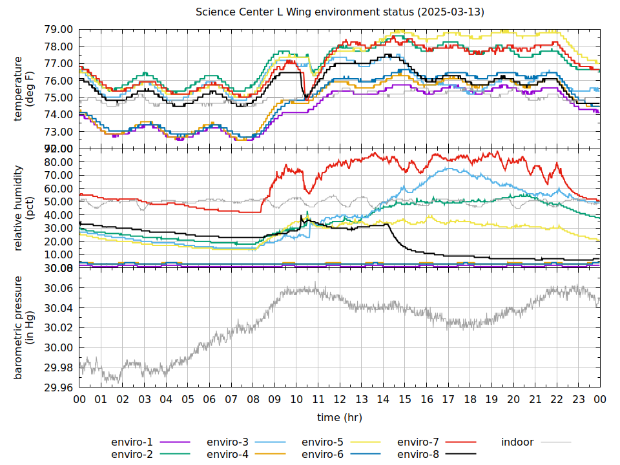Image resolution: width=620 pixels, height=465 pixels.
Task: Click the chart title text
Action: (x=340, y=12)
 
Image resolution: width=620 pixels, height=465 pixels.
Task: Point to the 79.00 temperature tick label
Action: (x=58, y=30)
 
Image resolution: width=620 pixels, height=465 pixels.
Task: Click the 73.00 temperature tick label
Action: (x=58, y=132)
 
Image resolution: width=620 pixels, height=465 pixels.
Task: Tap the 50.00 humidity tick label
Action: (x=58, y=201)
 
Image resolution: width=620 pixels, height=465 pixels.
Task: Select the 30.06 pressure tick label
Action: (x=58, y=288)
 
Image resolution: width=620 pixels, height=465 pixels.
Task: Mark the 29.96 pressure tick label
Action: (x=58, y=387)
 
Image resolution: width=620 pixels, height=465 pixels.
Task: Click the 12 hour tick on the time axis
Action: (x=340, y=400)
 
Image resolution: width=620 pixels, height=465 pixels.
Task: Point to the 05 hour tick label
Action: (x=188, y=400)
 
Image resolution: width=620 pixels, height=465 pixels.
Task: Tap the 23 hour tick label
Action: (x=579, y=400)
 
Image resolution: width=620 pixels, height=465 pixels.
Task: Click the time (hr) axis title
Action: (x=340, y=418)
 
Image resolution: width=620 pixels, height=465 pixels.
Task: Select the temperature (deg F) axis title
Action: (x=23, y=88)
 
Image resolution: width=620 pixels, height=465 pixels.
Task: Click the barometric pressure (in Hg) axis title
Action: (x=23, y=327)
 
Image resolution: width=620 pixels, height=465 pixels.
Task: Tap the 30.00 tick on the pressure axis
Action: (x=58, y=347)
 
